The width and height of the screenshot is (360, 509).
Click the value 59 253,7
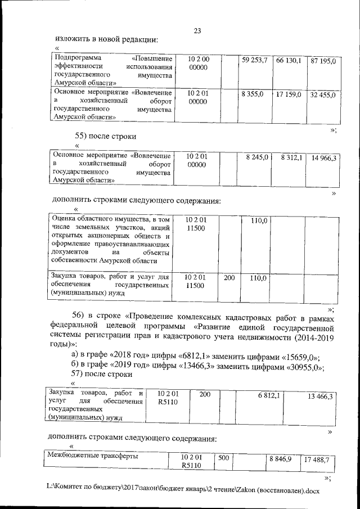click(x=254, y=60)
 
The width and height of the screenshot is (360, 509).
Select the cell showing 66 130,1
click(x=289, y=60)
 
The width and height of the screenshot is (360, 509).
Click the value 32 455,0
click(x=323, y=95)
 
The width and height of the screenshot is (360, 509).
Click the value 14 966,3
click(x=323, y=159)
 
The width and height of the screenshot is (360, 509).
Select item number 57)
click(x=81, y=373)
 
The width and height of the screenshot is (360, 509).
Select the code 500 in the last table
click(x=224, y=458)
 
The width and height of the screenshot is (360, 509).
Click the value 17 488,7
click(x=316, y=460)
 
